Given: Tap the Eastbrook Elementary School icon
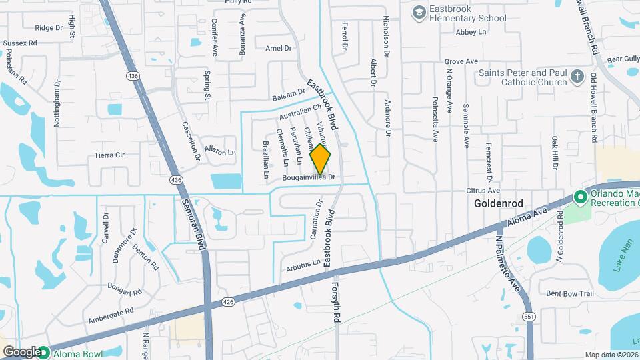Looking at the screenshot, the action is coord(419,12).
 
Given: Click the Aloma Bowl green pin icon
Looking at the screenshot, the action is coord(45,352).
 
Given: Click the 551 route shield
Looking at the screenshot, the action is coord(529,316).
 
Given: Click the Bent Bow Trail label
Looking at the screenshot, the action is coord(569,293).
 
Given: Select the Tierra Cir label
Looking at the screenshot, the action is coord(110,155).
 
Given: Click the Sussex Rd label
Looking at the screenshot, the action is coord(20,43).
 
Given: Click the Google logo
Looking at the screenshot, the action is coord(21,352).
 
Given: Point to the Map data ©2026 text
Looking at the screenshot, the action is coord(611,355).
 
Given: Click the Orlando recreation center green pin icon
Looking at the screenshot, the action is coord(579,197).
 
